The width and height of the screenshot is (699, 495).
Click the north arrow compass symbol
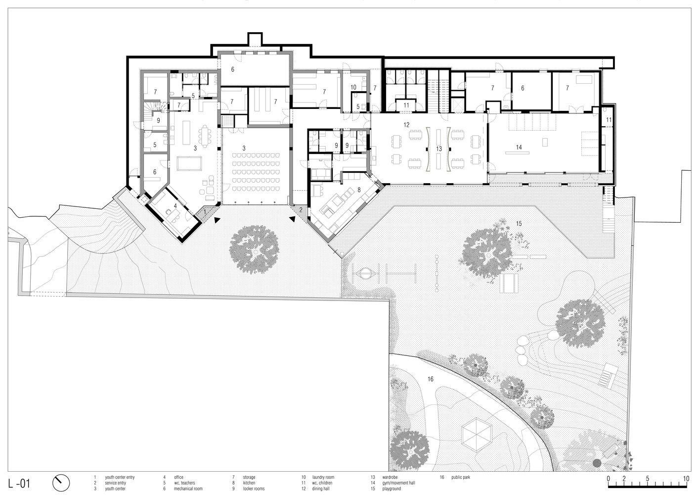tap(61, 483)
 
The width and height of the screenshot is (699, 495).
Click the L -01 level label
tap(19, 484)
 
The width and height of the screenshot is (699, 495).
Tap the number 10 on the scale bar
tap(686, 479)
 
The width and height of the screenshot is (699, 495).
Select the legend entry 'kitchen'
tap(249, 483)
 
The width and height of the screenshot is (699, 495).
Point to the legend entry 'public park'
tap(461, 477)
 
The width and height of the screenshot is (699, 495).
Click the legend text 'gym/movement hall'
tap(398, 483)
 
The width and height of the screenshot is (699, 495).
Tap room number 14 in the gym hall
tap(519, 147)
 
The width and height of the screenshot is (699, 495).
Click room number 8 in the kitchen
tap(359, 190)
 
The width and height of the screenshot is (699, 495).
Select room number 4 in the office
tap(175, 206)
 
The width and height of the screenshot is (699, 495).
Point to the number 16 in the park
tap(430, 379)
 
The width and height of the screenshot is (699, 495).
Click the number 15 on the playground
tap(519, 223)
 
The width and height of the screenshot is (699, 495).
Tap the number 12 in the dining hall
tap(406, 125)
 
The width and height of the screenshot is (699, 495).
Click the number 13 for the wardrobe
tap(439, 149)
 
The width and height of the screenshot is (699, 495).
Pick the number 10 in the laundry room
tap(353, 87)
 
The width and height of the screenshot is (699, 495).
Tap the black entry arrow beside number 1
tap(217, 220)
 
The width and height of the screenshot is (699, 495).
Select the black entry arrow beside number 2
tap(292, 219)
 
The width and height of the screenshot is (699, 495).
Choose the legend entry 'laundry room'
tap(323, 477)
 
